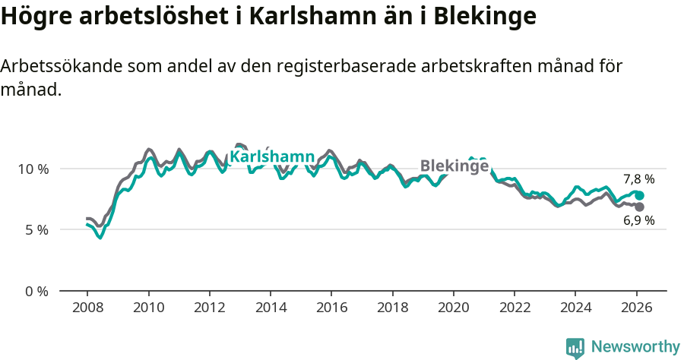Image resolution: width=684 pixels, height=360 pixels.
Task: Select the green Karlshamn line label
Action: pos(272,157)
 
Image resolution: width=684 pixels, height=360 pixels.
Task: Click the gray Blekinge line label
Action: pos(454,166)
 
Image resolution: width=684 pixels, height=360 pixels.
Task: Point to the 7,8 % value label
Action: pos(638,180)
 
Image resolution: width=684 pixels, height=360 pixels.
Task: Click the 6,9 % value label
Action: pos(638,221)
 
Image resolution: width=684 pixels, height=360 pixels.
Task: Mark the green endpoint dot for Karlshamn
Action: pos(639,196)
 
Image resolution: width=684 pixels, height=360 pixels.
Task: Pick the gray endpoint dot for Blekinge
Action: pos(639,207)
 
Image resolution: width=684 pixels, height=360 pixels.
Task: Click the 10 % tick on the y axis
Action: pos(33,169)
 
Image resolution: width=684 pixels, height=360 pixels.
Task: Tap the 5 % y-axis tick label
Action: pos(36,229)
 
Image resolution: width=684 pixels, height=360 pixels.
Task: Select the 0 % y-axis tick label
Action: pos(36,291)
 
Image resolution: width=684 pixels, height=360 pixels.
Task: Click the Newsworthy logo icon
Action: pos(575,348)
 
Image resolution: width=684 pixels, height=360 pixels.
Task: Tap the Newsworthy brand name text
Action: pos(635,347)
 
